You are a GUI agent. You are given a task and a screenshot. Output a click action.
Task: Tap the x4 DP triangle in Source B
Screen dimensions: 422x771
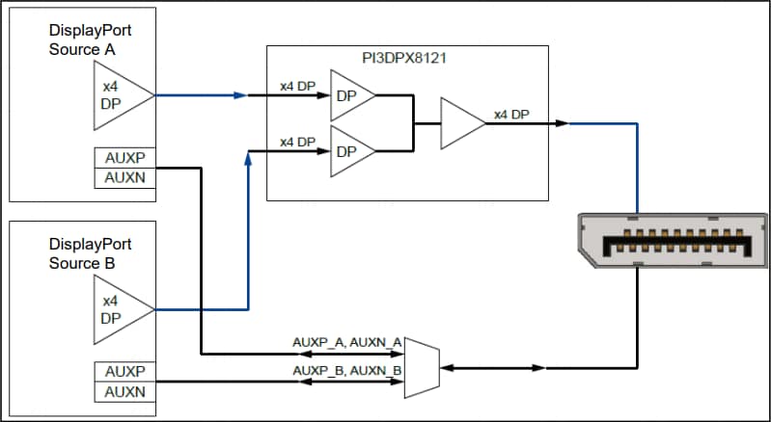tap(118, 308)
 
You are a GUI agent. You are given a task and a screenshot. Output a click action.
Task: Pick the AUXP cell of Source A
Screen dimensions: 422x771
tap(124, 158)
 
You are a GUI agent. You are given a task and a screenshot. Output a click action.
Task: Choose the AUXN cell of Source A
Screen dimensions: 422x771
tap(124, 177)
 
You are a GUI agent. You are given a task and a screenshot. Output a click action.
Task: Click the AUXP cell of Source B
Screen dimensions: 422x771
tap(124, 372)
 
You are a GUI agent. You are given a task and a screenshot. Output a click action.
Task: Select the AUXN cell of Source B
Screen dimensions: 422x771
tap(124, 392)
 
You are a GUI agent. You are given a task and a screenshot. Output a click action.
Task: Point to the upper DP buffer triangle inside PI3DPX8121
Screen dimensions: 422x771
tap(349, 95)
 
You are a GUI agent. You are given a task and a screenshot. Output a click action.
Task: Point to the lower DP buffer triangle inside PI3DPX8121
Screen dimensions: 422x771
tap(349, 151)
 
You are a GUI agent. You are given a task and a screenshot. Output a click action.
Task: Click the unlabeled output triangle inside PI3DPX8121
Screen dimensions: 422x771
tap(460, 122)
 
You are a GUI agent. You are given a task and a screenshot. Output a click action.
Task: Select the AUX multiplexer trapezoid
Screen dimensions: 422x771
tap(422, 367)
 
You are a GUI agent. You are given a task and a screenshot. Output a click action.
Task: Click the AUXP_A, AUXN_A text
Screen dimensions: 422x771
tap(346, 342)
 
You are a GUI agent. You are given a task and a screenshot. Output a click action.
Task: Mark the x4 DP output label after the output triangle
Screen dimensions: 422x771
tap(511, 115)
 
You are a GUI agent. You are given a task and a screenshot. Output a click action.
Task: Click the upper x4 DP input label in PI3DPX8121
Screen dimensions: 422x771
tap(297, 87)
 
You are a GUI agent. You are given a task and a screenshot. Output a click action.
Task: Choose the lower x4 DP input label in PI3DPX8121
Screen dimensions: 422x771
tap(297, 142)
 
